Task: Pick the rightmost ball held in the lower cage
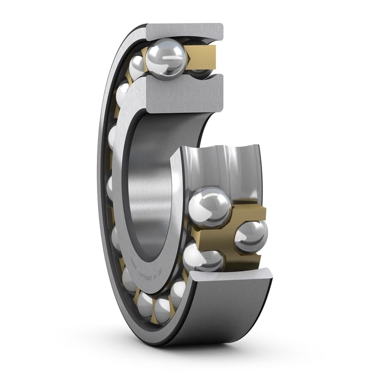coord(250,236)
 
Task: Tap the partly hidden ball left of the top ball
coord(137,66)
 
